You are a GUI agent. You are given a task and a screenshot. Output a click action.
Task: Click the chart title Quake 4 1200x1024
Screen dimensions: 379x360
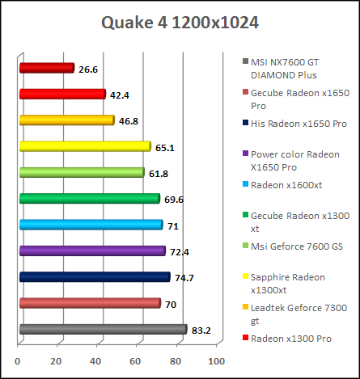tap(180, 22)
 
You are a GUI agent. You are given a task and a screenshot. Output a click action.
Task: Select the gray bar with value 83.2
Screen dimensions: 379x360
tap(103, 329)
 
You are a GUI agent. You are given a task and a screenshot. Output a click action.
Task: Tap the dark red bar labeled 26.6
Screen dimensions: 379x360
tap(46, 69)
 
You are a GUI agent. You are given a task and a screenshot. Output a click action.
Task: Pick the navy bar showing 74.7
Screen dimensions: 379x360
tap(94, 277)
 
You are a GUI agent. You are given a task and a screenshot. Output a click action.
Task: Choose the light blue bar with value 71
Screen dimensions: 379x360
tap(91, 225)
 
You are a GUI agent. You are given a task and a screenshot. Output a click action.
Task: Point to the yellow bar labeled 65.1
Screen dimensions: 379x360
tap(85, 146)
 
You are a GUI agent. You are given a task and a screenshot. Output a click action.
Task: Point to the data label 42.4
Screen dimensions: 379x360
tap(119, 95)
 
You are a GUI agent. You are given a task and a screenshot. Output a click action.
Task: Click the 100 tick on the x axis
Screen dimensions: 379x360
tap(216, 361)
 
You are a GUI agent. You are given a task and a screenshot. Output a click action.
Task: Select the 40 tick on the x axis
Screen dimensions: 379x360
tap(97, 361)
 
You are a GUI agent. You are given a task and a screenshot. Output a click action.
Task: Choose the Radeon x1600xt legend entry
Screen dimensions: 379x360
tap(286, 184)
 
